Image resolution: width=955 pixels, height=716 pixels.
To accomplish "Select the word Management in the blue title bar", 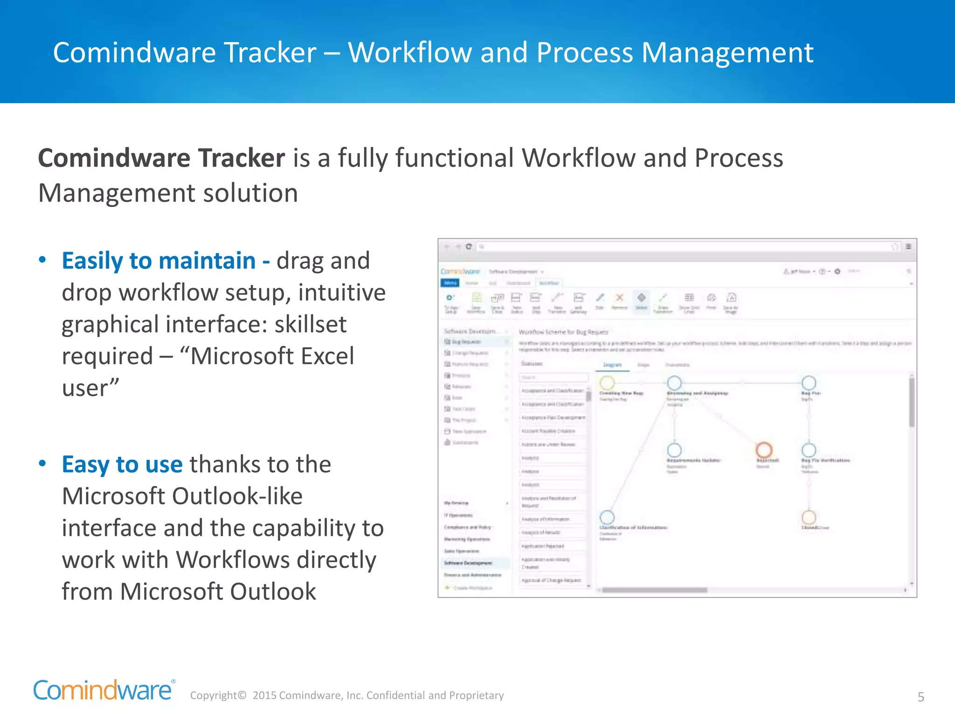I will tap(727, 52).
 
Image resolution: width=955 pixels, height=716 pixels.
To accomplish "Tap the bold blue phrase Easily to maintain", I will tap(159, 261).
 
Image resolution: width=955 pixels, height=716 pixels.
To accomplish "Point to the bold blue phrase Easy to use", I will tap(122, 464).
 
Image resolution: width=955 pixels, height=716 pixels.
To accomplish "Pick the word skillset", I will tap(311, 324).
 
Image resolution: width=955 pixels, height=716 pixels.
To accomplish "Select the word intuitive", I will tap(342, 293).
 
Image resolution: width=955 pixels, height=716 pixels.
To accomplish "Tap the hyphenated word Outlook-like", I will tap(237, 496).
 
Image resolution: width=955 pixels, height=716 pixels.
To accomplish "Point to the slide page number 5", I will tap(920, 697).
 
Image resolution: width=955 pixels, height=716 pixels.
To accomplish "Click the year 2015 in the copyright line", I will tap(264, 695).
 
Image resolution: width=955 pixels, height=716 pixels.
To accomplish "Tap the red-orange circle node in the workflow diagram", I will tap(763, 450).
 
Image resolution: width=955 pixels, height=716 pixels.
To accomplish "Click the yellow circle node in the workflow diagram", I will tap(607, 383).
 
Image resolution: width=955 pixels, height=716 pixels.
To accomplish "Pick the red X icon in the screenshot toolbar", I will tap(619, 298).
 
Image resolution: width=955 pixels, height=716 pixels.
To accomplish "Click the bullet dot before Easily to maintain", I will tap(42, 260).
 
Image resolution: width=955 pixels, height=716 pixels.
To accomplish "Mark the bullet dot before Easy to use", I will tap(42, 463).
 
